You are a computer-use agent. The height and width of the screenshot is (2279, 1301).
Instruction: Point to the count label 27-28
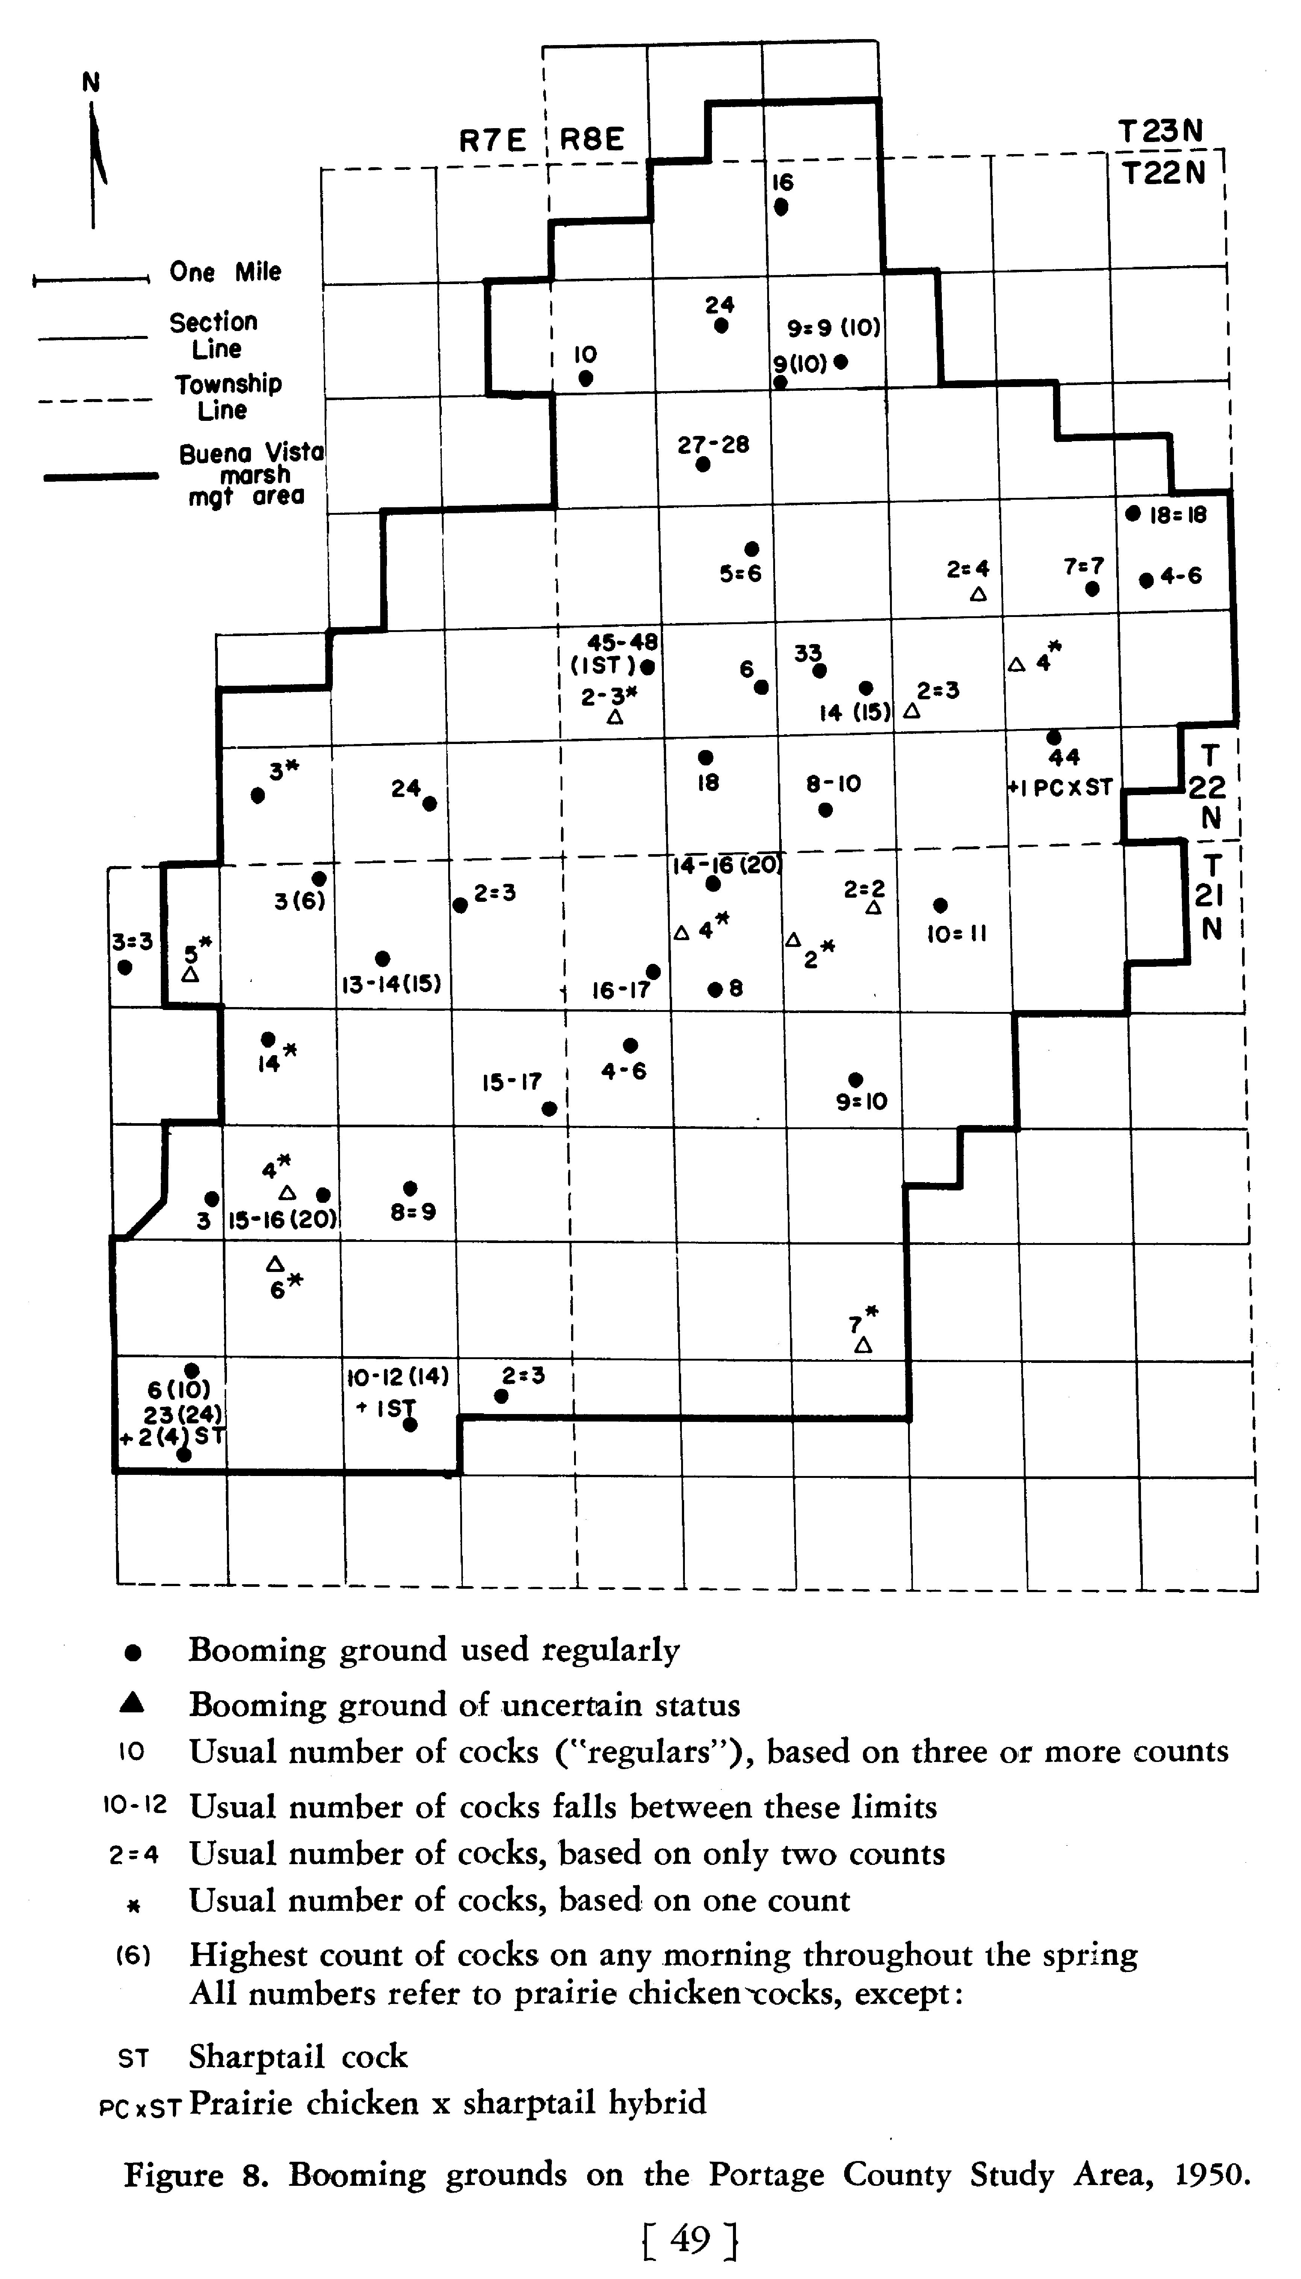point(713,444)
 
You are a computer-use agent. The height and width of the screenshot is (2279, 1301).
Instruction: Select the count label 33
point(808,653)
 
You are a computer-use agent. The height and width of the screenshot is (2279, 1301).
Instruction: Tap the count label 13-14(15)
point(391,984)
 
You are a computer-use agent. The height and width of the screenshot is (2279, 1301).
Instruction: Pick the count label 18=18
point(1178,515)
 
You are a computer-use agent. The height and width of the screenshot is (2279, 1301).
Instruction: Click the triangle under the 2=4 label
point(978,593)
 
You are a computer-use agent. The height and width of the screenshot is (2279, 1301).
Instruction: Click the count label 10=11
point(957,934)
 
